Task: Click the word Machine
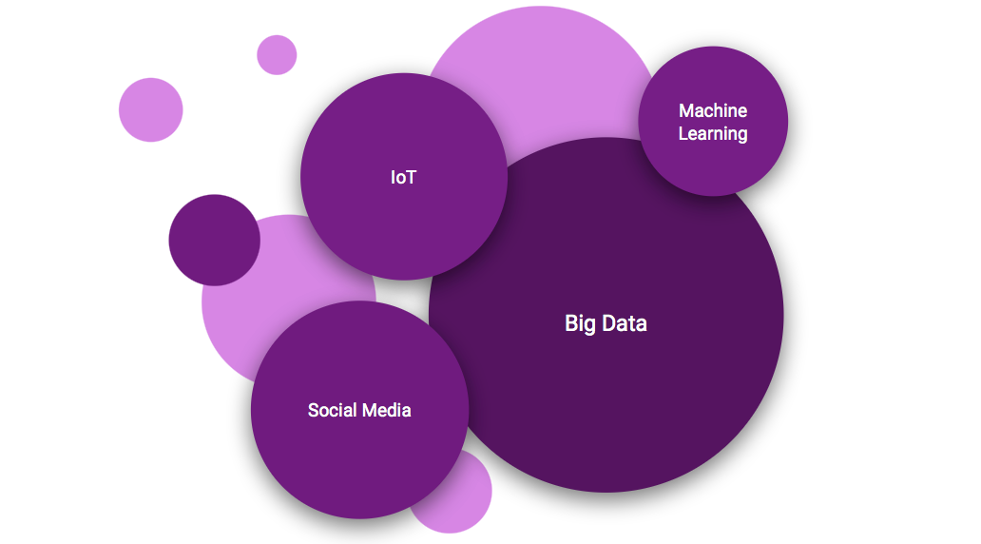(x=713, y=111)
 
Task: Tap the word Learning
(x=713, y=133)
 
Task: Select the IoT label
(x=403, y=177)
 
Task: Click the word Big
(x=580, y=323)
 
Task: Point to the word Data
(x=624, y=323)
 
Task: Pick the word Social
(x=329, y=410)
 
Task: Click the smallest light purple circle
(x=277, y=54)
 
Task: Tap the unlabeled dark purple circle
(x=214, y=240)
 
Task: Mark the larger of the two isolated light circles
(x=150, y=109)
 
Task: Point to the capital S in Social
(x=314, y=410)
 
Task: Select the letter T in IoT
(x=411, y=177)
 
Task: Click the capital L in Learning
(x=683, y=133)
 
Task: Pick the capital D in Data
(x=608, y=323)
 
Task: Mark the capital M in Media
(x=370, y=410)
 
